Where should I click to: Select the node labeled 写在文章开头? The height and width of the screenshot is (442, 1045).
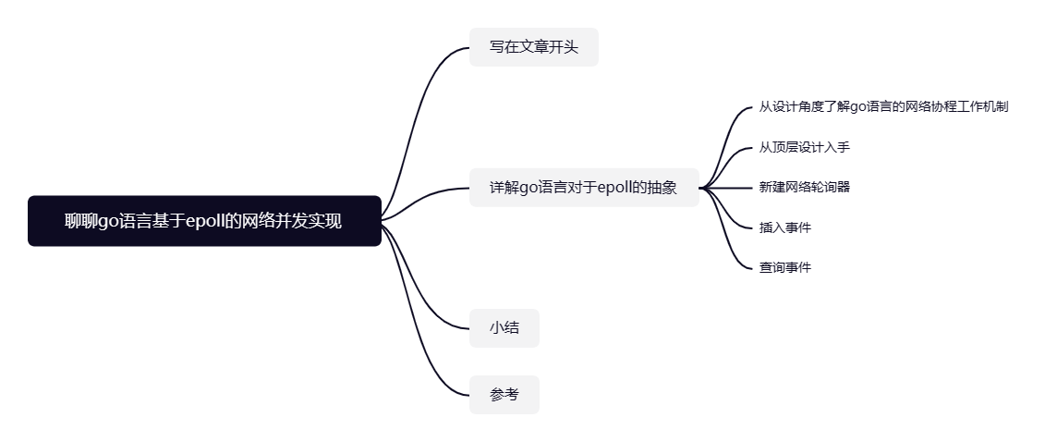pos(533,47)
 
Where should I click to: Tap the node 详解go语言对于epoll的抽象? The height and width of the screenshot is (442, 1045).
pos(583,188)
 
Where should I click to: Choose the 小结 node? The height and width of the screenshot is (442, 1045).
pos(504,328)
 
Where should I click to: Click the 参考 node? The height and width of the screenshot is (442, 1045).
pos(504,395)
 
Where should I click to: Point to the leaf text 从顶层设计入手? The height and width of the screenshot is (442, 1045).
pos(804,147)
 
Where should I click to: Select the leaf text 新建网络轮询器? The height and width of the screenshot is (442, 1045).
pos(804,187)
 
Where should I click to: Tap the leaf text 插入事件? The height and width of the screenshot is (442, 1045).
pos(784,227)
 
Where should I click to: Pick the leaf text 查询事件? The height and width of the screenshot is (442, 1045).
pos(784,267)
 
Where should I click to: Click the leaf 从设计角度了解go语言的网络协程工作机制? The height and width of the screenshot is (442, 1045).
pos(882,106)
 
